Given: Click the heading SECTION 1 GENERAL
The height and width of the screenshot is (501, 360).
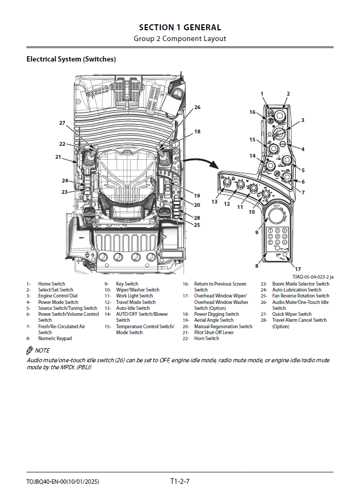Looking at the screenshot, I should point(180,28).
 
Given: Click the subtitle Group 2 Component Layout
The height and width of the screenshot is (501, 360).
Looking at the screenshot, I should point(180,38).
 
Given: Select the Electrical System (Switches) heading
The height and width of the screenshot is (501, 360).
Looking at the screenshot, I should point(71,59).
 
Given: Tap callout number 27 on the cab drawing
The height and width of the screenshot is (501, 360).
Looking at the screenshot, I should point(62,123).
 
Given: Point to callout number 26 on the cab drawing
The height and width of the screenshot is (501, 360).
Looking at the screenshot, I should point(197,107).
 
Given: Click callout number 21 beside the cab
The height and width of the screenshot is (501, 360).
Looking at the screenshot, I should point(58,157).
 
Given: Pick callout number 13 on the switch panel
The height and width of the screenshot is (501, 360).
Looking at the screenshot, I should point(214,201).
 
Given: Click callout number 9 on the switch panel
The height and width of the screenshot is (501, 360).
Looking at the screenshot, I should point(256,232).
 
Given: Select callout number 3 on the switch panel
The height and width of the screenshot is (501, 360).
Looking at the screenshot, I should point(303,120).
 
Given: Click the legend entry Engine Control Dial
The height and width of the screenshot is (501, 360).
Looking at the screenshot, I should point(58,296).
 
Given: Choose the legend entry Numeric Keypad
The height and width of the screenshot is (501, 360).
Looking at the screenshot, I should point(55,338).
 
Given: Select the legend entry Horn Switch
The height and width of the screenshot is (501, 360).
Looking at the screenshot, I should point(207,338).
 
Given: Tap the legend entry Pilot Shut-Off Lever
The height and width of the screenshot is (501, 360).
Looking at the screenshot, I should point(214,333).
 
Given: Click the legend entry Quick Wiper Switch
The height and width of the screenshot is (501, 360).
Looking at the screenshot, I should point(292,314).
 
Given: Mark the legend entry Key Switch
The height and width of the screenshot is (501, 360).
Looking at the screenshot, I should point(127,284).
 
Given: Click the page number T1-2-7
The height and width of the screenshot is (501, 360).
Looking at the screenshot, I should point(180,481).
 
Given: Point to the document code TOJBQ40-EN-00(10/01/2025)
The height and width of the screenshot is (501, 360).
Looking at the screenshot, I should point(63,482).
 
